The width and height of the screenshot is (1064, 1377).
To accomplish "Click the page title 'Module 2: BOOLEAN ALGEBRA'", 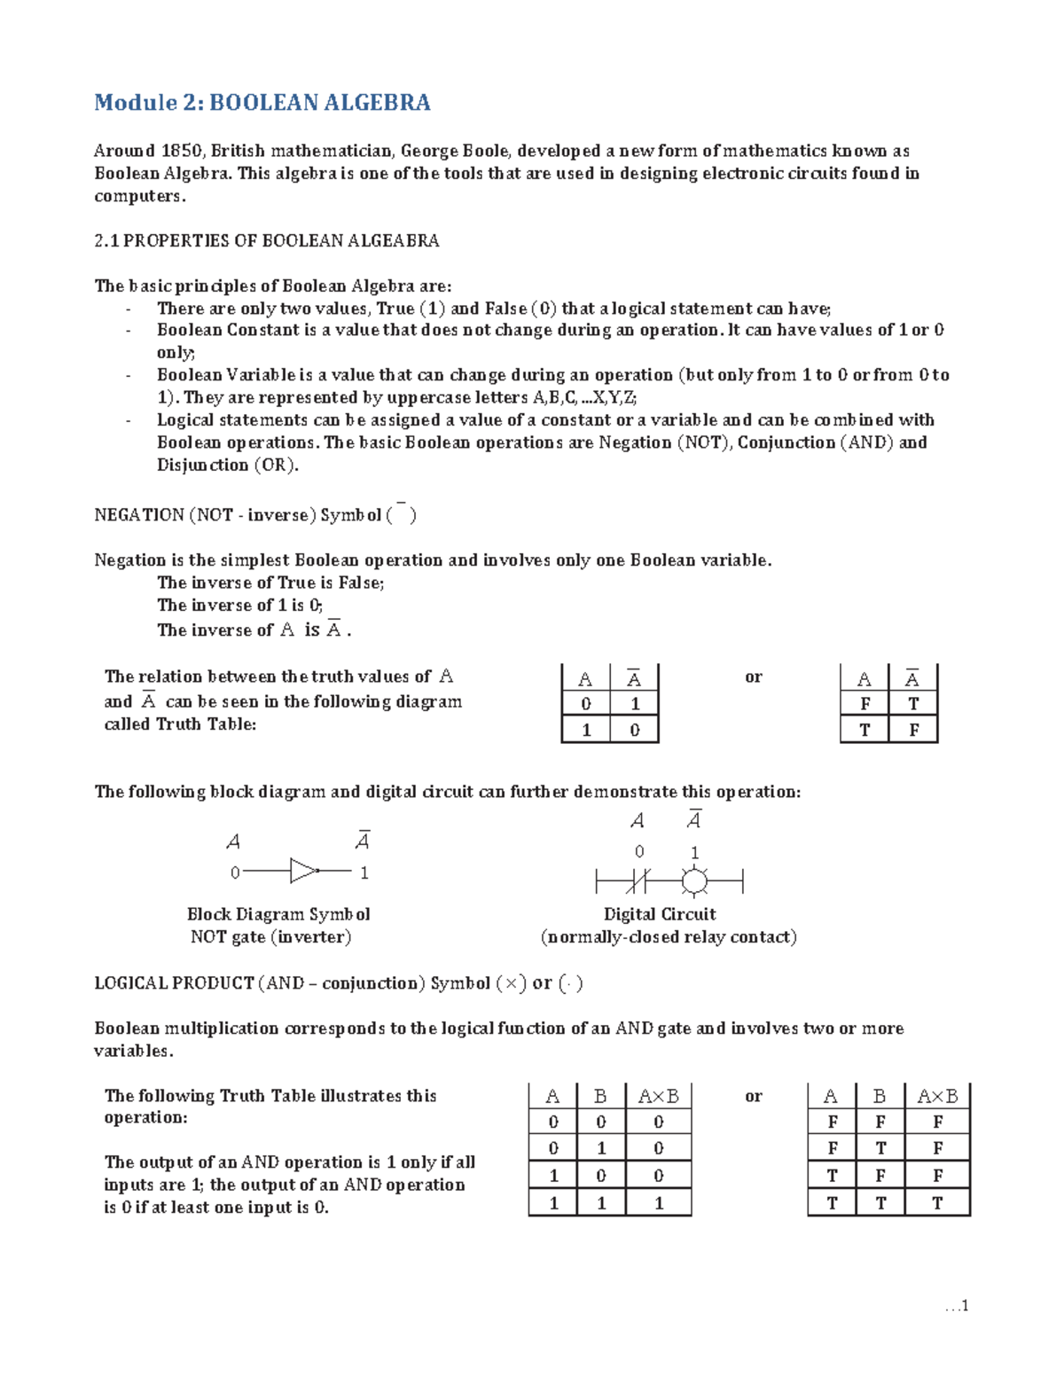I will coord(262,103).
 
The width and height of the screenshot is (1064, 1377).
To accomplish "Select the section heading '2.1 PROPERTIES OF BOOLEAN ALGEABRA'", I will coord(267,241).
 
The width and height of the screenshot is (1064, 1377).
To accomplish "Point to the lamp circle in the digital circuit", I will coord(694,882).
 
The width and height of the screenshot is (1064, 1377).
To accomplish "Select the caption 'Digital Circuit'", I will coord(660,914).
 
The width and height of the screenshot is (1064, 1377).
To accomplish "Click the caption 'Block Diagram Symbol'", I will coord(278,914).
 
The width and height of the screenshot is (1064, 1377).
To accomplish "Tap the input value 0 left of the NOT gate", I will coord(235,873).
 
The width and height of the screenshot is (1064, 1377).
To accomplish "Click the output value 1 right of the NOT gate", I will coord(364,873).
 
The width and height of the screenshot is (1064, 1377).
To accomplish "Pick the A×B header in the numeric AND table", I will coord(658,1097).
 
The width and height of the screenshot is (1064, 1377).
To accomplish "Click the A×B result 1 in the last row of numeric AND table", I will coord(658,1203).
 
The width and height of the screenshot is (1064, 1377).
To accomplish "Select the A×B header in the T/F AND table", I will coord(937,1097).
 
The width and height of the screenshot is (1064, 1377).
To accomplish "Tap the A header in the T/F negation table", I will coord(864,680).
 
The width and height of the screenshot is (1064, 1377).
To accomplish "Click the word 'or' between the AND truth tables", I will coord(754,1097).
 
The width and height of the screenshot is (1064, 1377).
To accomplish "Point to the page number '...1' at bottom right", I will coord(957,1306).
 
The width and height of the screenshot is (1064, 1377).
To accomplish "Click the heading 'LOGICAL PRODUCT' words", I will coord(174,983).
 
